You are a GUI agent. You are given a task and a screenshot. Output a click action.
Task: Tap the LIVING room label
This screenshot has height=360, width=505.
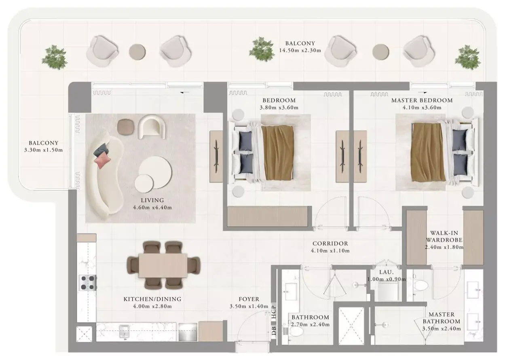[x=152, y=200]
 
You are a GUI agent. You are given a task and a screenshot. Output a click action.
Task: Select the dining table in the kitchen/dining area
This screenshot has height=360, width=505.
[x=163, y=265]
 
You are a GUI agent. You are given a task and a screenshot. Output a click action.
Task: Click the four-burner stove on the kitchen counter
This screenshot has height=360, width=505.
[x=87, y=283]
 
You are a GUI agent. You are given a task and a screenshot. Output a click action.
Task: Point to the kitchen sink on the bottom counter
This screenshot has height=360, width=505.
[x=124, y=332]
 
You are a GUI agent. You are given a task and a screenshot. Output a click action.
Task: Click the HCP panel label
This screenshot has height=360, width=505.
[x=274, y=312]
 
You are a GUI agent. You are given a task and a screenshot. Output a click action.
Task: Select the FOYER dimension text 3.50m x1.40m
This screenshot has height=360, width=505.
[x=249, y=306]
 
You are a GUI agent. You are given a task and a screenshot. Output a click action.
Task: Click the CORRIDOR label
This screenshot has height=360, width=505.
[x=330, y=244]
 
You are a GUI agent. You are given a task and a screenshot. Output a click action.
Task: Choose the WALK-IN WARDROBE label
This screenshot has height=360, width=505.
[x=444, y=236]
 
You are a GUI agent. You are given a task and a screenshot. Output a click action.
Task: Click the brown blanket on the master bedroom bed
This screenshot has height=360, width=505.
[x=428, y=152]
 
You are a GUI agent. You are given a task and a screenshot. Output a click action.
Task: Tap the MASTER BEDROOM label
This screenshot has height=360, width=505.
[x=422, y=100]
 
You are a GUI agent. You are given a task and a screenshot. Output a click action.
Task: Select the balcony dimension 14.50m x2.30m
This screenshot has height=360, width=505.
[x=300, y=50]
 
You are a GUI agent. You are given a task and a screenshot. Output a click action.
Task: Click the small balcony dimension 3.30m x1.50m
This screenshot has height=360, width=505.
[x=44, y=150]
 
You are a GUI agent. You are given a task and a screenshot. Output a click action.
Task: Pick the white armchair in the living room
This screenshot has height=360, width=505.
[x=152, y=127]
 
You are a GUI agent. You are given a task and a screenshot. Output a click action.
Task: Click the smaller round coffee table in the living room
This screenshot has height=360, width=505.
[x=144, y=183]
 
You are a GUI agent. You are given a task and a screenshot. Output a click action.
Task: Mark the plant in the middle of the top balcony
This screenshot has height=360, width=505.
[x=262, y=49]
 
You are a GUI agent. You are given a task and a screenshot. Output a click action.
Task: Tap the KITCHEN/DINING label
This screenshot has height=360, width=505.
[x=152, y=299]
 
